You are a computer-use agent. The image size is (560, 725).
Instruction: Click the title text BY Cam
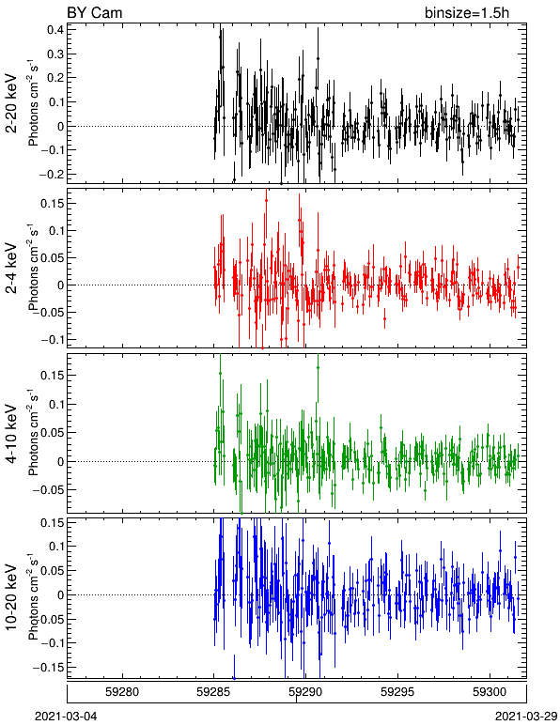point(95,12)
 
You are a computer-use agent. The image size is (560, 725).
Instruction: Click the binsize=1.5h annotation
point(467,12)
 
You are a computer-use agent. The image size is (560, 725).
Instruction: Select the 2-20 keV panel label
point(11,103)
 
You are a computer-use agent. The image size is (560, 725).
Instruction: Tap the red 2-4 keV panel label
point(11,269)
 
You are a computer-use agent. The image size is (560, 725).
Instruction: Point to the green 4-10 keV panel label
point(11,434)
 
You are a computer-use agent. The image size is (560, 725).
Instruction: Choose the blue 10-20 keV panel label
point(11,597)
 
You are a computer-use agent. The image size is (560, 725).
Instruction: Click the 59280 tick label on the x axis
point(121,692)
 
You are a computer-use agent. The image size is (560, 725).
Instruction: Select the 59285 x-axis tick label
point(213,692)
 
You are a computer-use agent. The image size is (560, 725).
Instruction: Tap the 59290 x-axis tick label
point(305,692)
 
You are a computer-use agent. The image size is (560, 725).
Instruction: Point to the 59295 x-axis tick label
point(397,692)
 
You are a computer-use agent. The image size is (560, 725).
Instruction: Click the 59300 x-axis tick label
point(490,692)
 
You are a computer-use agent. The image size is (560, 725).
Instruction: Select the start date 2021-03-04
point(66,717)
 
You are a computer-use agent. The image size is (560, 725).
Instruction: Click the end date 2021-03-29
point(526,717)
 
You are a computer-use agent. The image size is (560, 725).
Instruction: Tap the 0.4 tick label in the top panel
point(55,30)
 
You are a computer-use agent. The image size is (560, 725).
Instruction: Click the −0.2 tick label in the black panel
point(52,175)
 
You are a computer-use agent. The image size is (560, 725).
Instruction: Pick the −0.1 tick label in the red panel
point(52,340)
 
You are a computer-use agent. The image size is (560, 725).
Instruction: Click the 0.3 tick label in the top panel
point(55,54)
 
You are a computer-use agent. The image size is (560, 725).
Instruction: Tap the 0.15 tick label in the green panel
point(53,375)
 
